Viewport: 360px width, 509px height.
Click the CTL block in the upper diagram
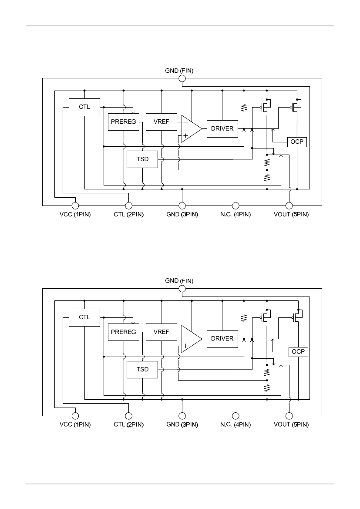[x=84, y=107]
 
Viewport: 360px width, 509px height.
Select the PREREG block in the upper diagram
[x=123, y=122]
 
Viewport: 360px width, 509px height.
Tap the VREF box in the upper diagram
[x=161, y=122]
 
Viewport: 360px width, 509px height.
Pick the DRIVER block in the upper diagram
[x=222, y=128]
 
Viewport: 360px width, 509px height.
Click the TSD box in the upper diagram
[x=142, y=159]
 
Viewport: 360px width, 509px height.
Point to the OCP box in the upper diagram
[x=297, y=142]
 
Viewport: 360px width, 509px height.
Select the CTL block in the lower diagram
[x=84, y=317]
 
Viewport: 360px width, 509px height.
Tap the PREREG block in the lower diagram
[x=123, y=332]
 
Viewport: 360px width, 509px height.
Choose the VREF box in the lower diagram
[x=161, y=332]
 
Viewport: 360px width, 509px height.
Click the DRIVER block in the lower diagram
[x=222, y=339]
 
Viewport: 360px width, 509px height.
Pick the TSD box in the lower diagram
[x=142, y=369]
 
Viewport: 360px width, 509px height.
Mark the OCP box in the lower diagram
[x=298, y=352]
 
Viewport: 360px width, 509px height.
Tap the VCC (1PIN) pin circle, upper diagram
[x=75, y=206]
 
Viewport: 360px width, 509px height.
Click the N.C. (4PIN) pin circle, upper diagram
[x=236, y=206]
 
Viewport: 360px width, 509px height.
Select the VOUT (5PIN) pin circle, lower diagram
[x=289, y=416]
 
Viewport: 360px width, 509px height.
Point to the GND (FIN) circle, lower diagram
[x=182, y=289]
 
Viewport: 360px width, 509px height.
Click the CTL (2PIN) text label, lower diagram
[x=128, y=425]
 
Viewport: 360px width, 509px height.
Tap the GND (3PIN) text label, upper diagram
[x=182, y=215]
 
